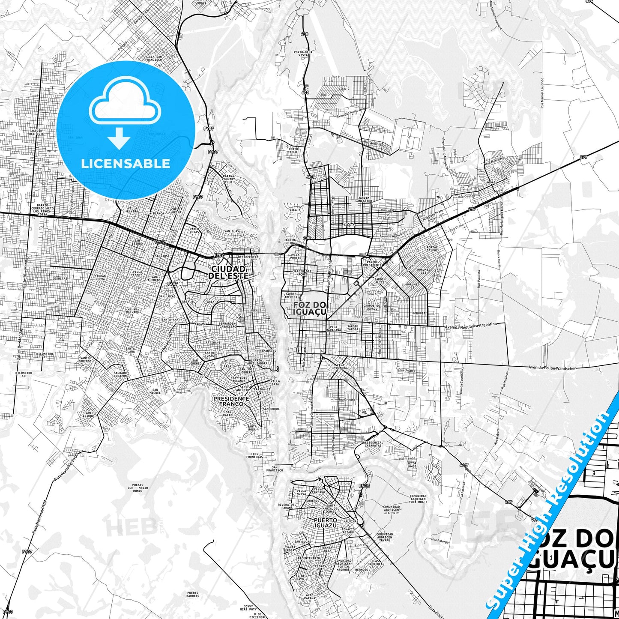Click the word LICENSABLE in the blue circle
click(126, 163)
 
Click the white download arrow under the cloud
click(119, 138)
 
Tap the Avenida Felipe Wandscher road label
click(551, 368)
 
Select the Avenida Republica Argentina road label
click(471, 326)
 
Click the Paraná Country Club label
click(229, 179)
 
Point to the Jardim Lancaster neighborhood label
click(364, 199)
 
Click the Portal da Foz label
click(432, 249)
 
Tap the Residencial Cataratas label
click(372, 444)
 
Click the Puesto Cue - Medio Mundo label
click(138, 488)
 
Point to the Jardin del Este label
click(37, 132)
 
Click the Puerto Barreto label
click(193, 594)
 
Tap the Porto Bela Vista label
click(303, 54)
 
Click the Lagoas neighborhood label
click(490, 182)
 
